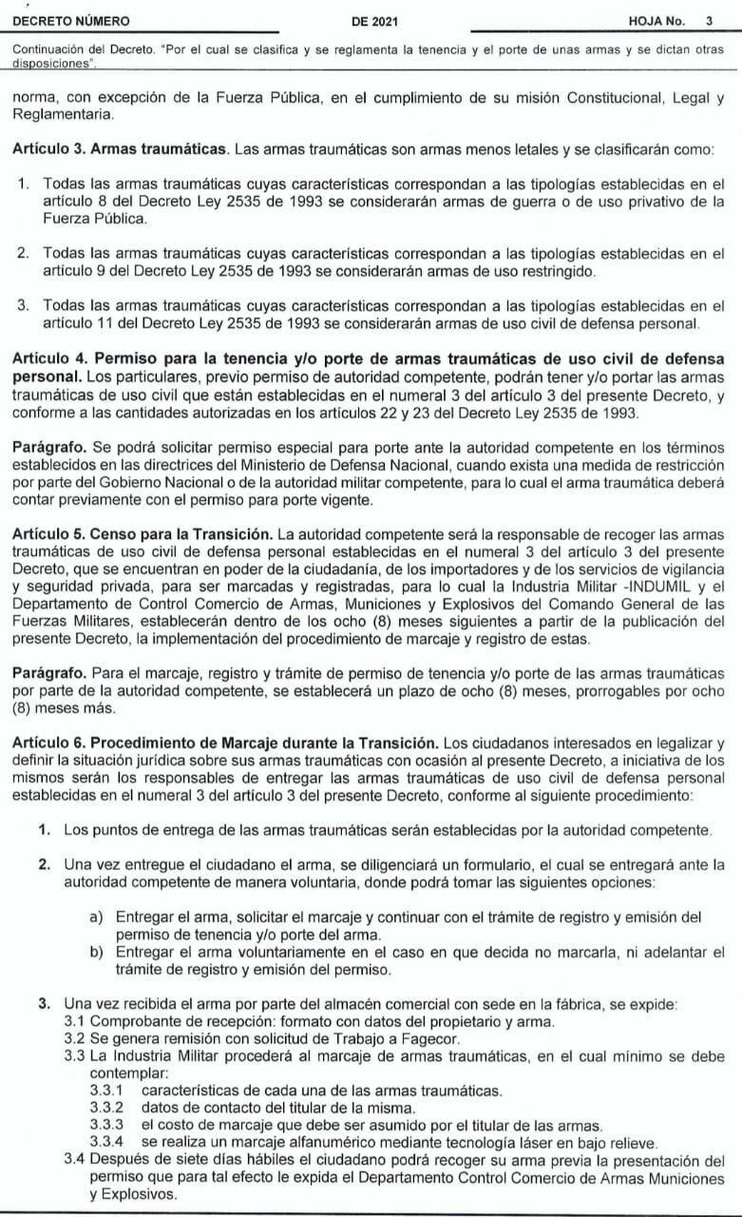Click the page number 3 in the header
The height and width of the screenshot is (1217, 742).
[709, 20]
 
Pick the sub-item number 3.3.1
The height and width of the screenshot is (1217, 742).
[106, 1088]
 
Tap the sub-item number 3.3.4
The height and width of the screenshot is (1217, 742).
[106, 1140]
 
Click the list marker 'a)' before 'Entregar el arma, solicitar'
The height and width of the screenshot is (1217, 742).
[96, 918]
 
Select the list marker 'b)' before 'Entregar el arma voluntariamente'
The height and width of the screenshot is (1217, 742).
[96, 953]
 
